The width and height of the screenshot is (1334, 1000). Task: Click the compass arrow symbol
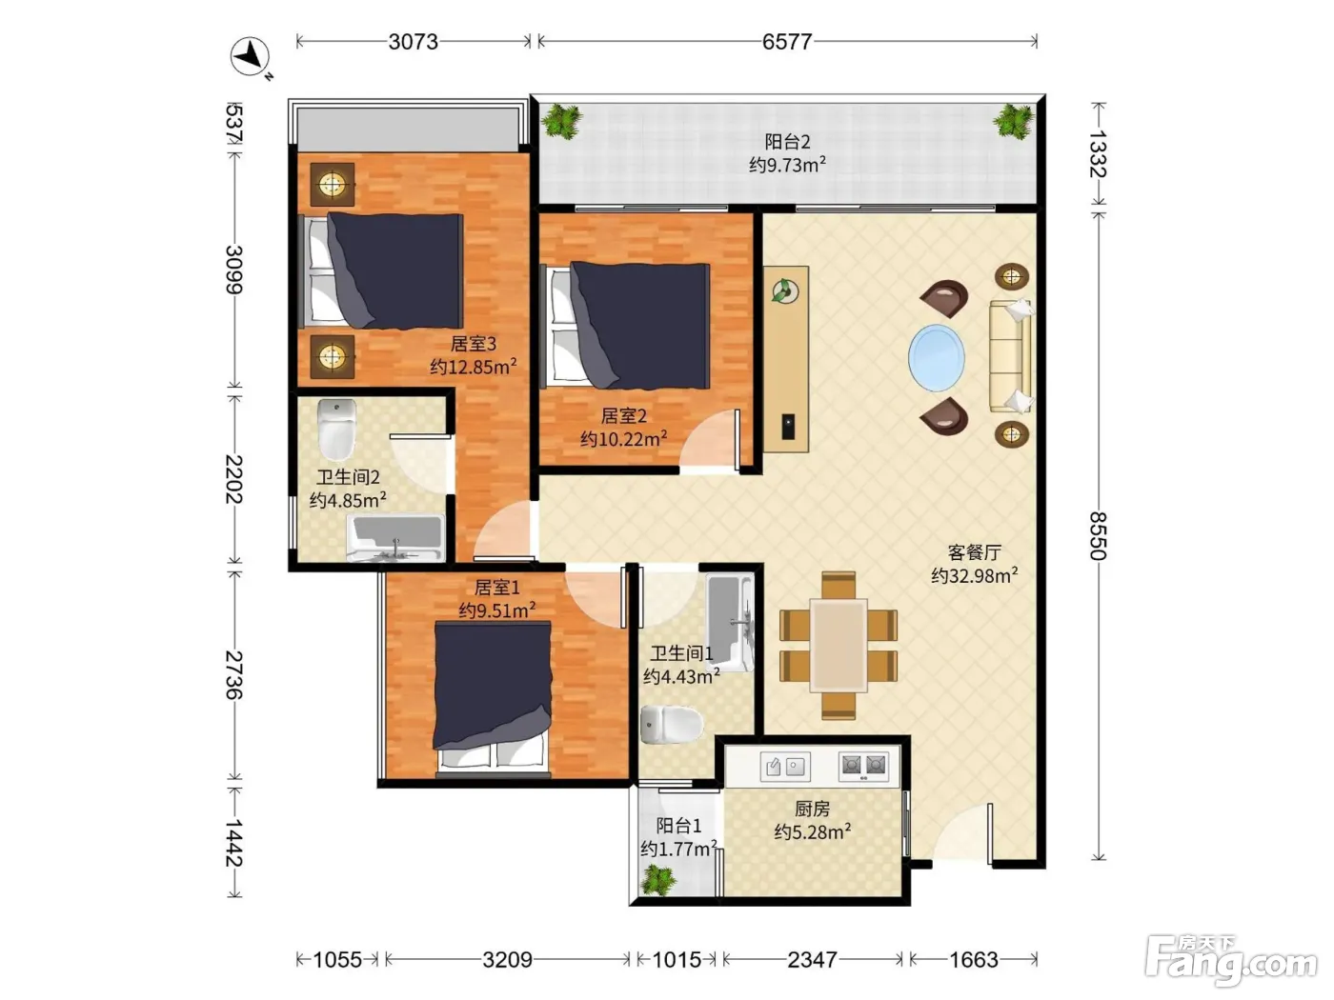(x=251, y=57)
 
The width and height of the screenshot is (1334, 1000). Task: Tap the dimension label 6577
(x=786, y=42)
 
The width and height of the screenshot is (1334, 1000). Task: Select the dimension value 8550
(x=1098, y=535)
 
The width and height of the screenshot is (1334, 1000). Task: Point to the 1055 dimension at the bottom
(x=337, y=959)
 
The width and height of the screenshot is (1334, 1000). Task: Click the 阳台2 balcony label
(x=787, y=142)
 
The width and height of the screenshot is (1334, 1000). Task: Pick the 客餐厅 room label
(x=974, y=552)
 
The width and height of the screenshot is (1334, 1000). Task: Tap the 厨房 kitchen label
(x=812, y=809)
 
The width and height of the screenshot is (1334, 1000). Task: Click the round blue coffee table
(x=936, y=358)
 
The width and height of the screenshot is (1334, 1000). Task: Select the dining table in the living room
(x=839, y=645)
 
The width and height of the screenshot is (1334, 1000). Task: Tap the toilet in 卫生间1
(x=671, y=724)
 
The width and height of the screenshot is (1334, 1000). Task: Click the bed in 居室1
(x=493, y=699)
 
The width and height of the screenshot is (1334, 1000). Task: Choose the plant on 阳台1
(x=658, y=880)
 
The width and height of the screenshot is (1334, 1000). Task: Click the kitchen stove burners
(x=863, y=767)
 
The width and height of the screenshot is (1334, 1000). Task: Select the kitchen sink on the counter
(x=784, y=767)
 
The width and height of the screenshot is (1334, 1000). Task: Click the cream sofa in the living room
(x=1011, y=356)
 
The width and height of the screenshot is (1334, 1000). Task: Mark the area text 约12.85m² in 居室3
(x=474, y=367)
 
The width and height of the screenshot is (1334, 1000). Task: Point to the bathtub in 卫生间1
(x=730, y=622)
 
